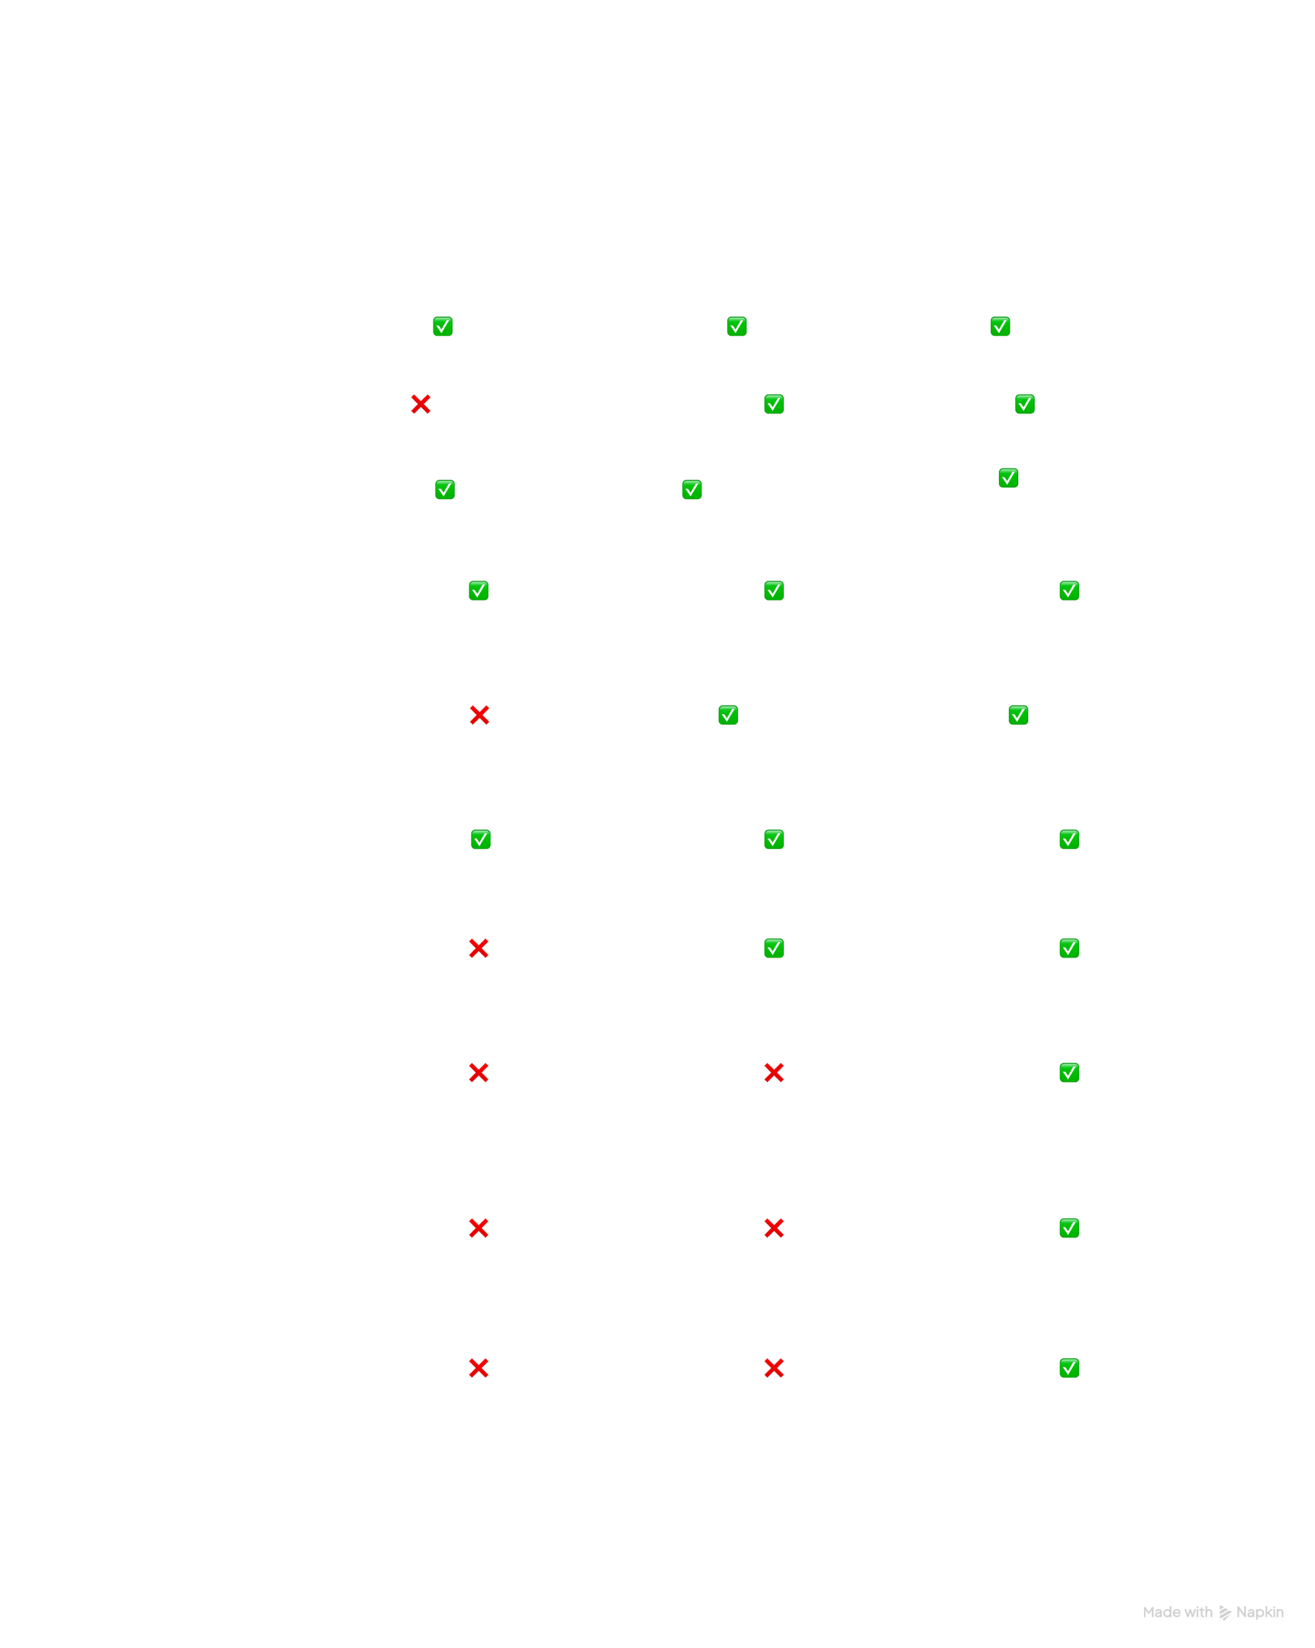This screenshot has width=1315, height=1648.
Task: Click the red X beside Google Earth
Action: pyautogui.click(x=420, y=404)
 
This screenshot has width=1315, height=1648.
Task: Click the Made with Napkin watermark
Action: pyautogui.click(x=1213, y=1612)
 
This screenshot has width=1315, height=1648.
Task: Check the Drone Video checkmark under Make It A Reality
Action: pyautogui.click(x=1069, y=1368)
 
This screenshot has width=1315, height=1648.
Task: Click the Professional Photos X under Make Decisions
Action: pyautogui.click(x=479, y=948)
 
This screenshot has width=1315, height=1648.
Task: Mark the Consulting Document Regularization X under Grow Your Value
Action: pyautogui.click(x=774, y=1073)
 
